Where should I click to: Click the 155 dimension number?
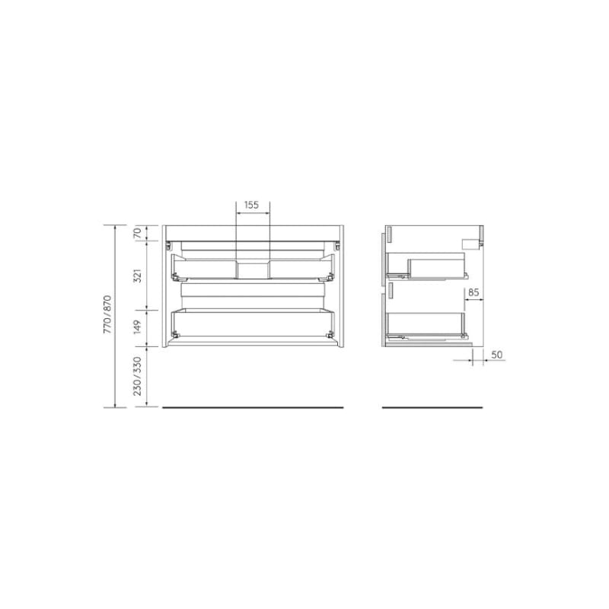(x=252, y=205)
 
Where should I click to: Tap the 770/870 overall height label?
(x=107, y=314)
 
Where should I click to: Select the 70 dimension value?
(x=137, y=233)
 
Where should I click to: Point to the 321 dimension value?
(x=137, y=276)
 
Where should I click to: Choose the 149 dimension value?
(x=137, y=327)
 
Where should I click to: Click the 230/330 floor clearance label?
(x=138, y=376)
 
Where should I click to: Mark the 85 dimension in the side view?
(x=473, y=292)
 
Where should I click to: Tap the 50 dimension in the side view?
(x=497, y=355)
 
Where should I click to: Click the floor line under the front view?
(x=253, y=407)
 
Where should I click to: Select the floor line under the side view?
(x=432, y=407)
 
